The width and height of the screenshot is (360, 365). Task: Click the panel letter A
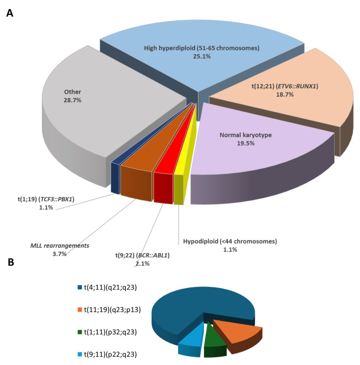coord(9,14)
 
